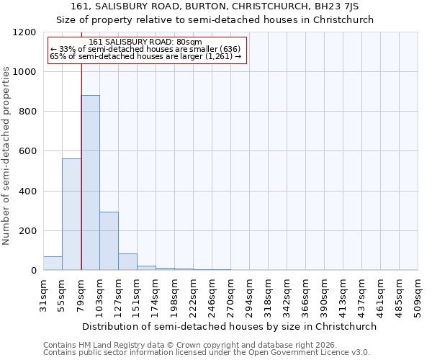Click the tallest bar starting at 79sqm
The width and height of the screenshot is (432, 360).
90,183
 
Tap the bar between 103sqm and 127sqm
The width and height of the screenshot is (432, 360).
109,241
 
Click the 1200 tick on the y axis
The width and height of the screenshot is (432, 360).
26,32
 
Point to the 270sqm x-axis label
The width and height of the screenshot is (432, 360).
230,295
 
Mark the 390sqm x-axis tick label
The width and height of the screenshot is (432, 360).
324,295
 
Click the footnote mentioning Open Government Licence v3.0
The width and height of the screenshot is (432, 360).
207,352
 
